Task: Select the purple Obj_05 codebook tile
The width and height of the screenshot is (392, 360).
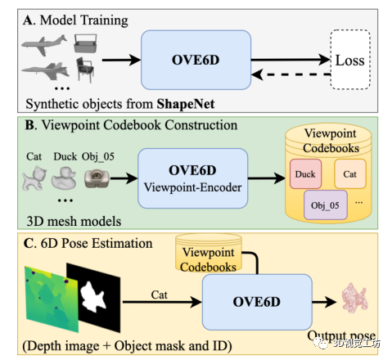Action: pos(326,202)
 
